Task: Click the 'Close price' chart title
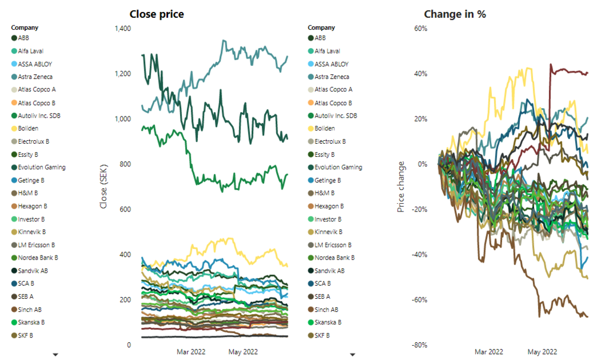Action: [x=156, y=14]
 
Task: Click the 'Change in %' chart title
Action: [x=454, y=14]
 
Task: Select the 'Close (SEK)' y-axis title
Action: [x=104, y=187]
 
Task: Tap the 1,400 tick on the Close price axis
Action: [x=121, y=29]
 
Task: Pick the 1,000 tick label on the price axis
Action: [x=121, y=119]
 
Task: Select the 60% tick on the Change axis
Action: [x=420, y=29]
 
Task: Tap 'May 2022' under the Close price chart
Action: [x=243, y=352]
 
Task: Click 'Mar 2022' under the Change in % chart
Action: [x=489, y=352]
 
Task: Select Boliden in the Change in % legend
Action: [x=325, y=128]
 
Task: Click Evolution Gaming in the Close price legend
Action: [x=42, y=167]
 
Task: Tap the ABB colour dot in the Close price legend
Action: [x=14, y=38]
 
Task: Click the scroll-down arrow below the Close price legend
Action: [x=56, y=354]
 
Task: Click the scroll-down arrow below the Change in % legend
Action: [x=352, y=354]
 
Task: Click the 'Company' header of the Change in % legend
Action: [x=321, y=27]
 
